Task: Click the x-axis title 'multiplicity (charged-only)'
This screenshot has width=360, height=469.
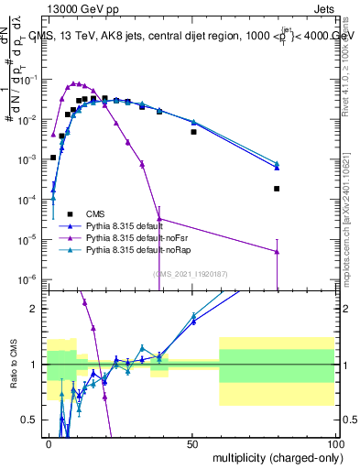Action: click(273, 455)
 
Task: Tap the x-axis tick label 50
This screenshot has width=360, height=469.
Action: click(192, 442)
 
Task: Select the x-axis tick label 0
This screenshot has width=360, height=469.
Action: click(49, 442)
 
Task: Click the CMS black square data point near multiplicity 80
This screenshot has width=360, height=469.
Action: click(277, 189)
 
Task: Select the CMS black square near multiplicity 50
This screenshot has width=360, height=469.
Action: click(193, 132)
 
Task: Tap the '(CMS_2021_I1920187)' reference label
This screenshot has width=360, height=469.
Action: click(191, 273)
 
